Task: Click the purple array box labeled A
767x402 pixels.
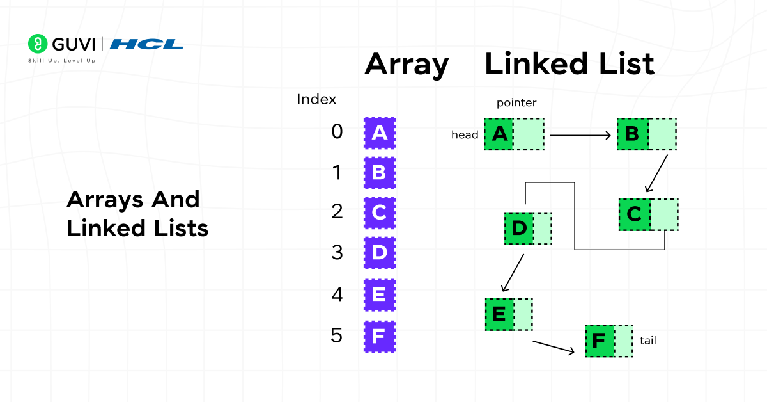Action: pos(379,133)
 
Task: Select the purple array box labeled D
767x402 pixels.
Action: pos(379,253)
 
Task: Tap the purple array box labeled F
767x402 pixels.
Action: pos(379,336)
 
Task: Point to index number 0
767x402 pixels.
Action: pos(337,132)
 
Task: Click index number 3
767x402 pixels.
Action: pos(337,252)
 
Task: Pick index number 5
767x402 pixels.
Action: pos(337,335)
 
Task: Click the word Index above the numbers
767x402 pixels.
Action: pos(316,100)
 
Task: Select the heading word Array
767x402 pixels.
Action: pos(407,65)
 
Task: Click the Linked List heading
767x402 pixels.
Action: pos(569,65)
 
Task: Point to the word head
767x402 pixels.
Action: pos(465,135)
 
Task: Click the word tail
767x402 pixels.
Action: pos(647,341)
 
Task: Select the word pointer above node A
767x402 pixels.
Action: pos(516,103)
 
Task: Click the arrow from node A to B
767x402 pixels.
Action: pos(580,135)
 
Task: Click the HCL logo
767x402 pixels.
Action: pos(146,44)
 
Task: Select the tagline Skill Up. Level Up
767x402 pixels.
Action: pos(61,61)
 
